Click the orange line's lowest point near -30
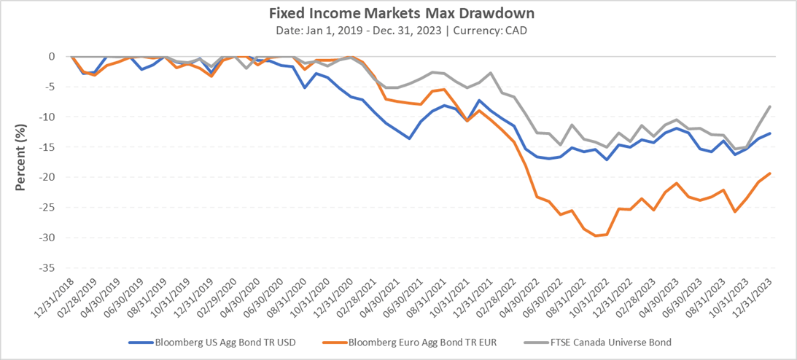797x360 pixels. pyautogui.click(x=596, y=235)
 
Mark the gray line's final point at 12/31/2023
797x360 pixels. pyautogui.click(x=770, y=106)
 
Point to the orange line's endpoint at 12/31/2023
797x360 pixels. pyautogui.click(x=770, y=173)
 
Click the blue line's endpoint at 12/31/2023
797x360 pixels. pyautogui.click(x=770, y=133)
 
